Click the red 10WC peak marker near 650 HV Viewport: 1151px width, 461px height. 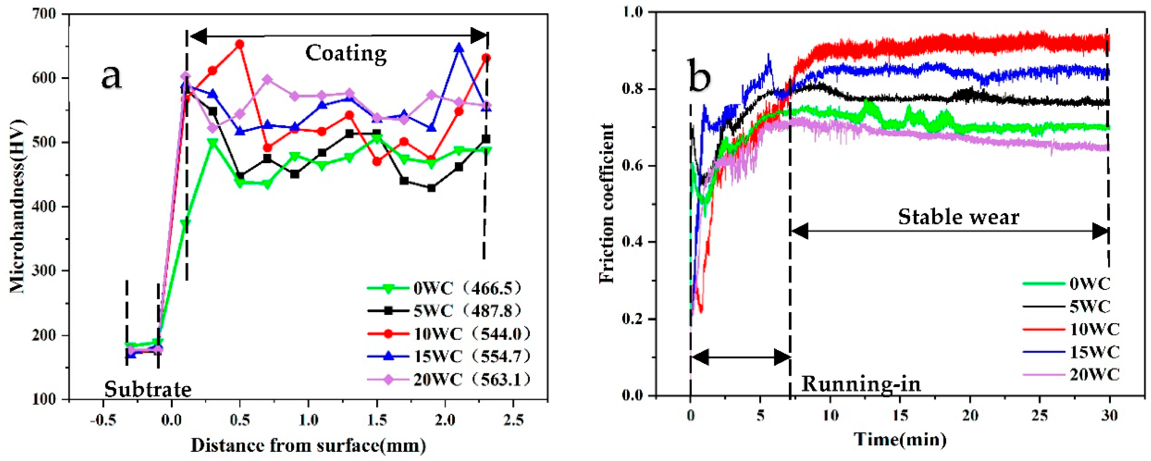tap(240, 44)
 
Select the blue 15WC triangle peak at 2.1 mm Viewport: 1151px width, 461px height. tap(459, 48)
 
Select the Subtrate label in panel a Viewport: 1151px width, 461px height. tap(147, 389)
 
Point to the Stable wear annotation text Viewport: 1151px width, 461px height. tap(958, 217)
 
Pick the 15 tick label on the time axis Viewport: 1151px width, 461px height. tap(900, 416)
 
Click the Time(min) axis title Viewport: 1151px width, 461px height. tap(900, 440)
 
